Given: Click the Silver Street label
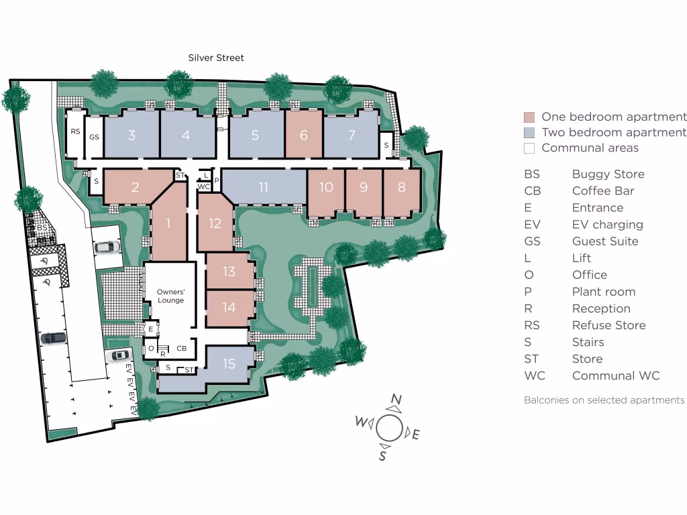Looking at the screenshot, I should tap(215, 58).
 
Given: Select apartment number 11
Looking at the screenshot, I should tap(264, 187).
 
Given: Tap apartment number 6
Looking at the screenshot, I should tap(303, 135).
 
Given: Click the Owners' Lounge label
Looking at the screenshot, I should tap(170, 296).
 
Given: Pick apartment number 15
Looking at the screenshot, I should tap(229, 363).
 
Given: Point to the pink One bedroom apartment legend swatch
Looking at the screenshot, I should tap(529, 117).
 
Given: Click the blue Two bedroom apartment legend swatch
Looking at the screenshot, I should tap(529, 133).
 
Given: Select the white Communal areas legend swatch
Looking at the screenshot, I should tap(529, 148).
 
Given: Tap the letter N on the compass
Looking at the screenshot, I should tap(397, 401).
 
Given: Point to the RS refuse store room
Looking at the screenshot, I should tap(75, 132).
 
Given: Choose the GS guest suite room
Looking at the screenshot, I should tap(95, 136).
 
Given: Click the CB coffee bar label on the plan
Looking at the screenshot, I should tap(181, 348).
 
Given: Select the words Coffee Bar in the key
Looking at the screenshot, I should tap(602, 190).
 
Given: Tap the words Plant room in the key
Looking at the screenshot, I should tap(603, 292).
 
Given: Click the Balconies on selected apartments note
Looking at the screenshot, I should tap(604, 400).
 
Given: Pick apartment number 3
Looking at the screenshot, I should tap(131, 135).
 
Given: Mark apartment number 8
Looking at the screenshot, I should tap(401, 187).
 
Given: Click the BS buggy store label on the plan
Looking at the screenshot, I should tap(42, 228).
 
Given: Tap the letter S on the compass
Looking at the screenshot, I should tap(382, 455).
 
